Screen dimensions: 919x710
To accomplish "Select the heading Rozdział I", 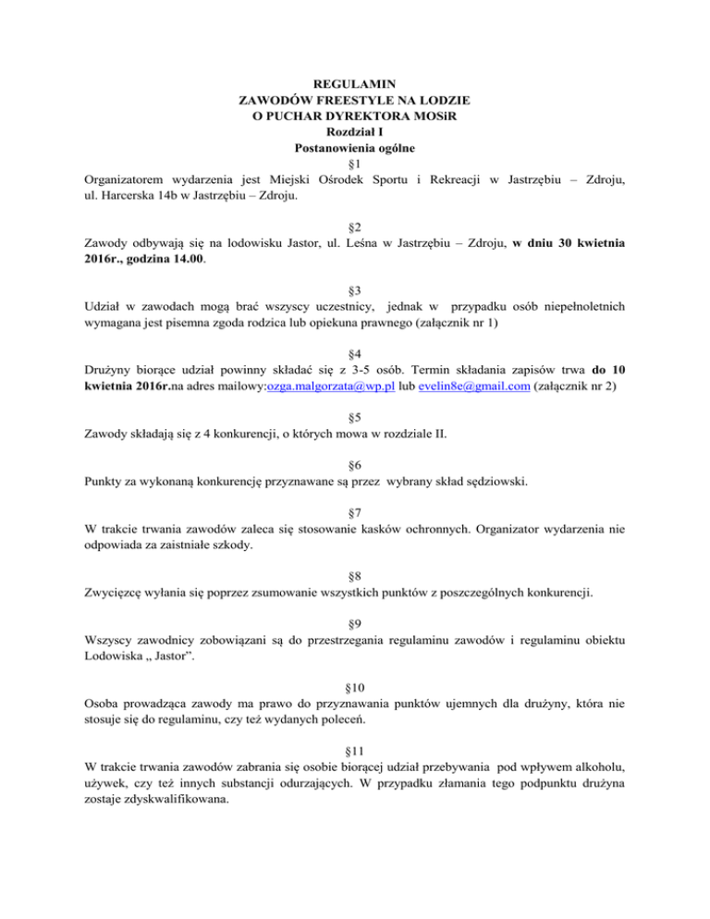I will pyautogui.click(x=355, y=131).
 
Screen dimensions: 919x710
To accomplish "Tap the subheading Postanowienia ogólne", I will pyautogui.click(x=355, y=147).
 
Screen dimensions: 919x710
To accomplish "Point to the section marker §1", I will pyautogui.click(x=355, y=163).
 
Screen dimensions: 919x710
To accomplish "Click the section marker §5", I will pyautogui.click(x=355, y=417).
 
